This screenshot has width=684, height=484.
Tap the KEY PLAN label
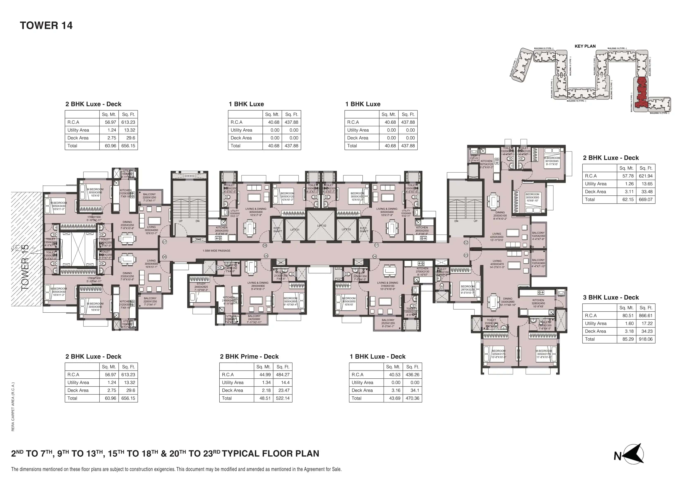click(x=585, y=46)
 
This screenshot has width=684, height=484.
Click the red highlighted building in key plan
click(x=641, y=93)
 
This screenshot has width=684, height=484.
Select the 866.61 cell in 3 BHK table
click(x=645, y=315)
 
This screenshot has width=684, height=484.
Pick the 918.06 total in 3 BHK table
click(x=645, y=339)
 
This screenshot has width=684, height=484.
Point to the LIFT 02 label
click(x=322, y=226)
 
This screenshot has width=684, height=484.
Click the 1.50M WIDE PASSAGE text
click(x=216, y=251)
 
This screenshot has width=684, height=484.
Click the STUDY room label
click(x=201, y=284)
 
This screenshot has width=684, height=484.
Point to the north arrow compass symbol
click(x=633, y=454)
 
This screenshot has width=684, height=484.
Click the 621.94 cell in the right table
click(x=645, y=176)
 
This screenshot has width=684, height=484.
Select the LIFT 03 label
click(x=346, y=229)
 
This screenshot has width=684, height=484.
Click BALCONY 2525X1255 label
click(x=388, y=323)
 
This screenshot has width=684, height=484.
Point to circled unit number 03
click(x=466, y=255)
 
